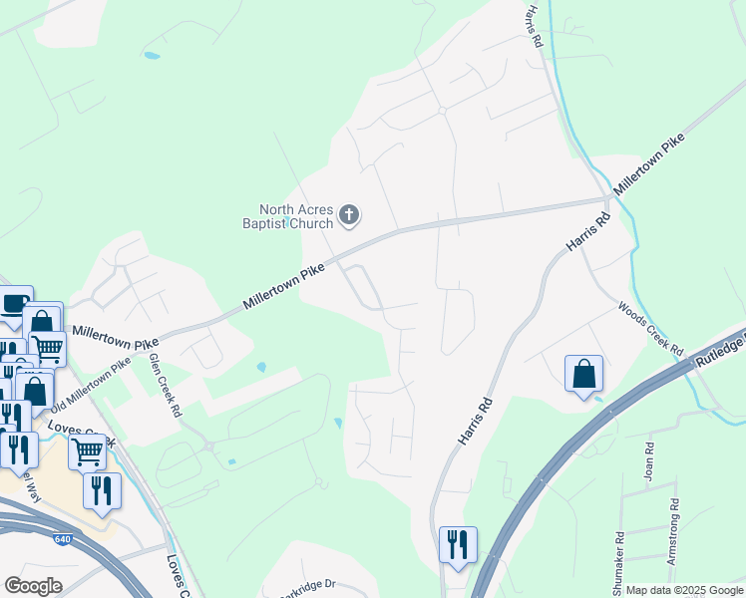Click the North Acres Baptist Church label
point(296,216)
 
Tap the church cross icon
point(349,213)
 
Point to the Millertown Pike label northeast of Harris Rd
point(649,165)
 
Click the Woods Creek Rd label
point(649,330)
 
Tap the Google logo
point(33,585)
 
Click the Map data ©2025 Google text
point(683,590)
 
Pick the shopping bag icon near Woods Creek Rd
point(583,375)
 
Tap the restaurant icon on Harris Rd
point(458,544)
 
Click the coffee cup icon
point(14,303)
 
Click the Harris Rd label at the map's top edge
point(530,24)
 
